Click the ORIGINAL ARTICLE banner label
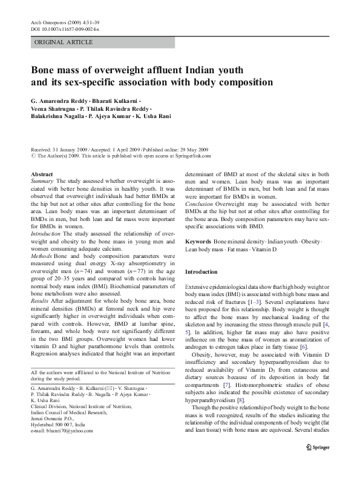64,42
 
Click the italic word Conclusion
199,203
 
